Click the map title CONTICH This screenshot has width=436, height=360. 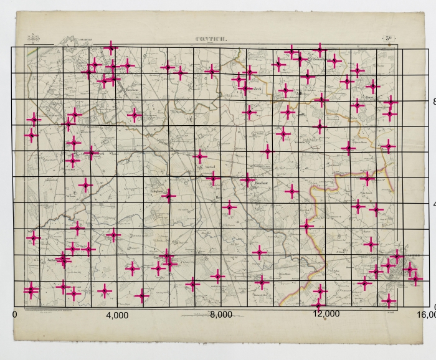point(212,39)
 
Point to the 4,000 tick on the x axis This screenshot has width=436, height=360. point(117,315)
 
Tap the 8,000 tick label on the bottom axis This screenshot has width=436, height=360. point(221,315)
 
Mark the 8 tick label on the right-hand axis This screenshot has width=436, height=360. point(434,101)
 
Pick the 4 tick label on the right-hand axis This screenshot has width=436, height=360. point(434,204)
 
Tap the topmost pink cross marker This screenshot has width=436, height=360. point(111,47)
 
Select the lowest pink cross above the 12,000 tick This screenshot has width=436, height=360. point(319,305)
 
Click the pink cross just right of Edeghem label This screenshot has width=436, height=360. point(168,196)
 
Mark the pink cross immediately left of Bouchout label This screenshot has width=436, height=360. point(247,180)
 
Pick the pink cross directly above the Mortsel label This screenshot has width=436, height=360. point(200,156)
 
